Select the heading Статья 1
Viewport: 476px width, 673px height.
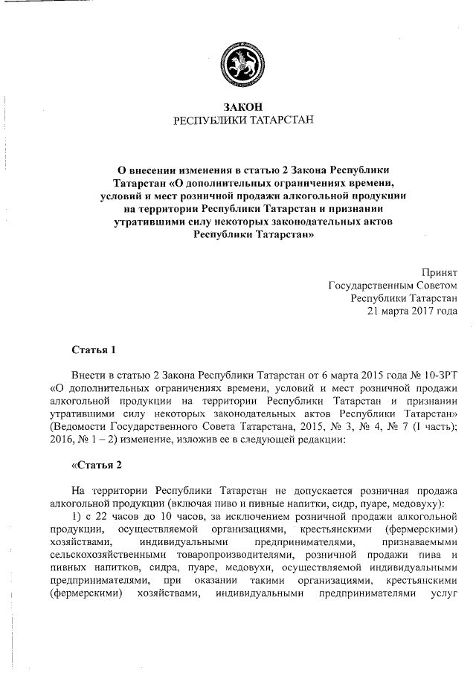coord(94,349)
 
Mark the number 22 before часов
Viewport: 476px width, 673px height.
coord(110,518)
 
